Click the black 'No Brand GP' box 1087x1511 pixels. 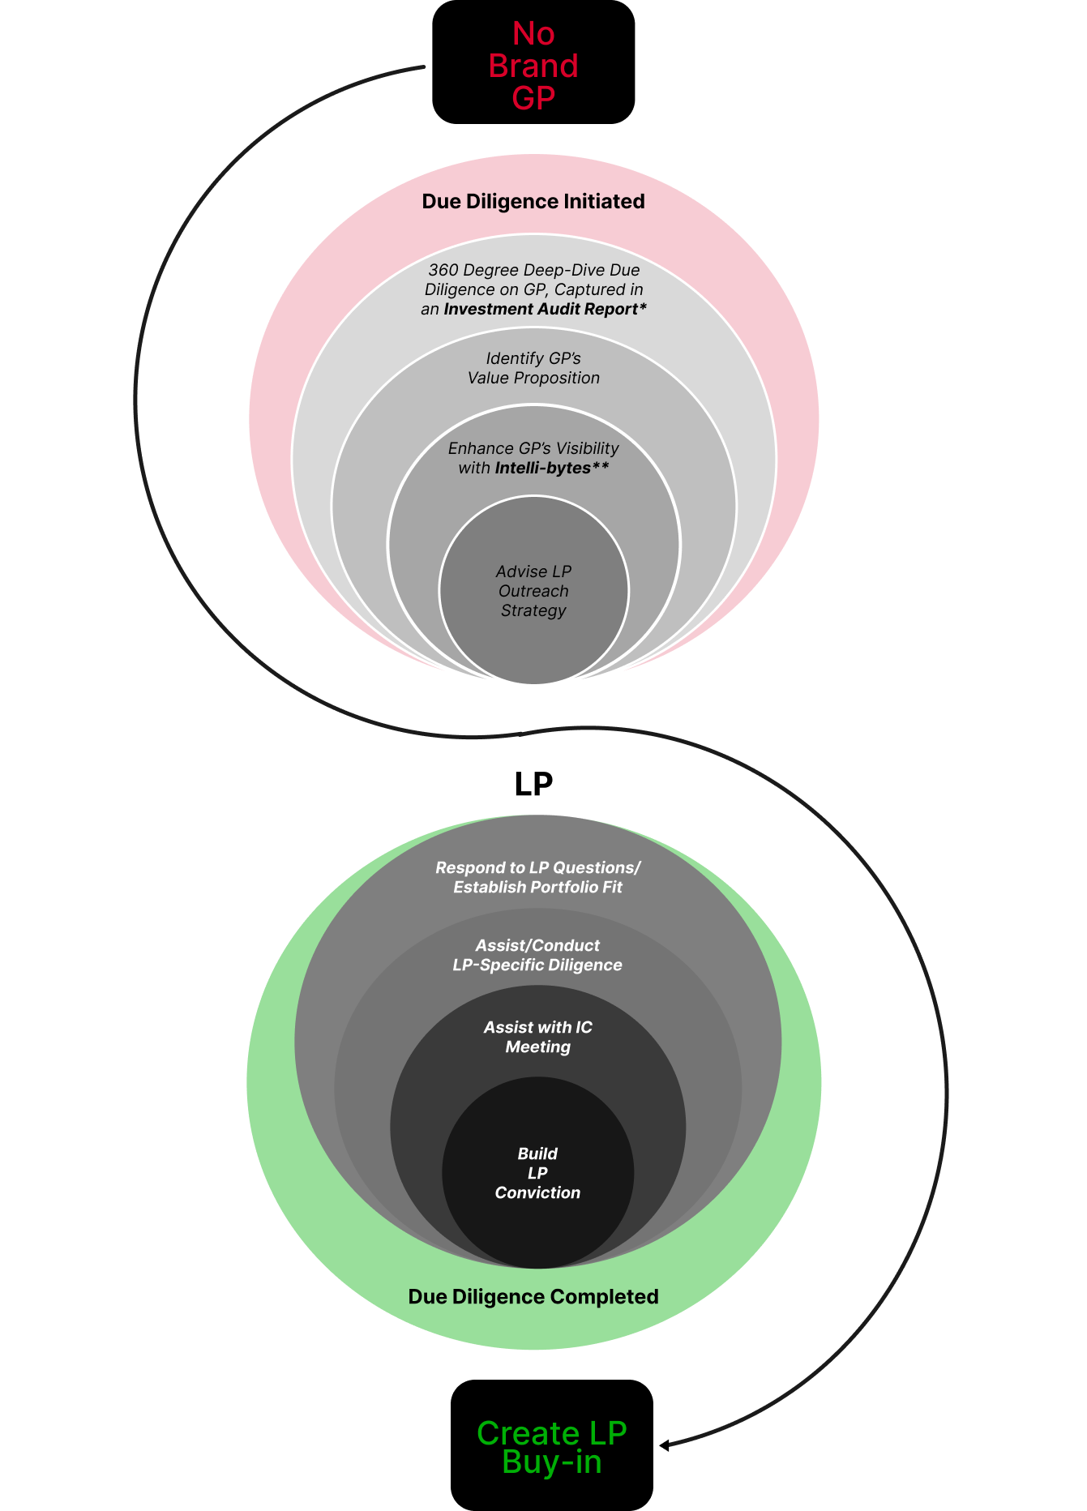533,62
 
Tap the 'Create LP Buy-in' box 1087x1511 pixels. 552,1445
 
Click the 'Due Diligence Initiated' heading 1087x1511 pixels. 533,202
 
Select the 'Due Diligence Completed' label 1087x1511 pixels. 533,1297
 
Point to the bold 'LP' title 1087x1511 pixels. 533,784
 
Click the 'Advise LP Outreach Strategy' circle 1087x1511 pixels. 533,591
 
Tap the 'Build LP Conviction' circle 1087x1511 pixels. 537,1173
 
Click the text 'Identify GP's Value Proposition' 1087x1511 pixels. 533,368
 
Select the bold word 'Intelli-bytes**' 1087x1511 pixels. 552,468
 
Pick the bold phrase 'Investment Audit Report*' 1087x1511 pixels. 546,309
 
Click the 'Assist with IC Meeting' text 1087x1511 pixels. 538,1037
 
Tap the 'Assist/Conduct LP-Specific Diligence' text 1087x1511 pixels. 537,955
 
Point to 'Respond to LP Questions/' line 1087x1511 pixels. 538,867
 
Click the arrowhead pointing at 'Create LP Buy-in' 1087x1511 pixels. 665,1445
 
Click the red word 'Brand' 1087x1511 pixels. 533,66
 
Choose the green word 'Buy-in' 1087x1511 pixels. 552,1462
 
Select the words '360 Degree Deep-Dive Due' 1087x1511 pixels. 534,270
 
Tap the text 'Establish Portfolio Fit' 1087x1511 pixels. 538,887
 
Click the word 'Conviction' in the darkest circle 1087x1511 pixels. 537,1192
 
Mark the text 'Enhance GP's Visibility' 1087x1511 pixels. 533,448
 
